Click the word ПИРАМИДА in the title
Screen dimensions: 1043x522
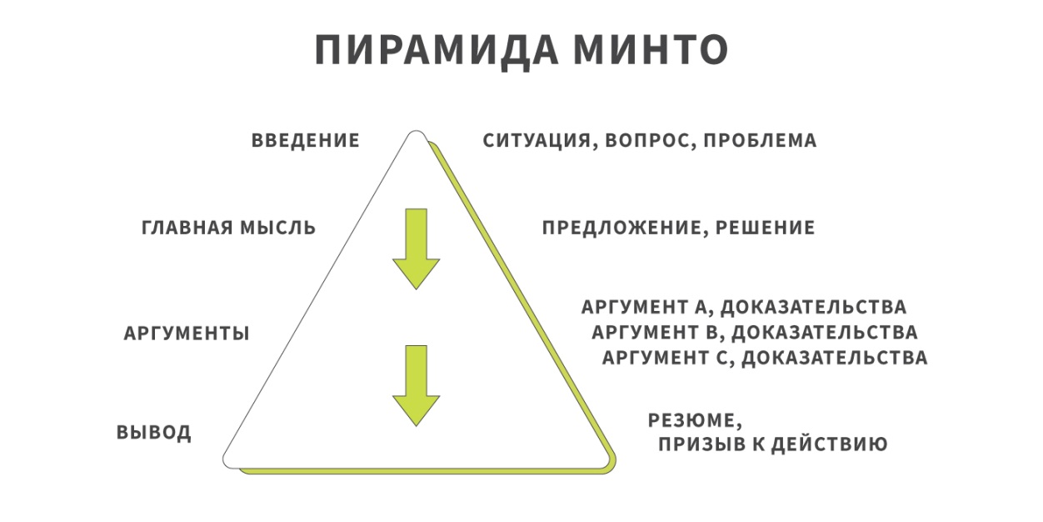click(437, 50)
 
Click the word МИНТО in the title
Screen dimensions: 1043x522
click(651, 49)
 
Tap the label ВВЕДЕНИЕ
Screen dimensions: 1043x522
click(306, 140)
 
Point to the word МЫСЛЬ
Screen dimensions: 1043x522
click(278, 228)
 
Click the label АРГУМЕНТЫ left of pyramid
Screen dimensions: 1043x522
click(187, 334)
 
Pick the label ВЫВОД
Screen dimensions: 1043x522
click(153, 432)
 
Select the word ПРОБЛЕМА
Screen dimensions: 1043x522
click(761, 140)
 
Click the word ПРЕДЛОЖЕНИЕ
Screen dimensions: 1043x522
click(624, 228)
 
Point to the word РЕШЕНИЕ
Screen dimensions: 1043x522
click(765, 228)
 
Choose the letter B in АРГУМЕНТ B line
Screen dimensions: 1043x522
click(711, 333)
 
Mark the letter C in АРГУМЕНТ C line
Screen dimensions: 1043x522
click(721, 359)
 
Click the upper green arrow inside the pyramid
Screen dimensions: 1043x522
click(416, 248)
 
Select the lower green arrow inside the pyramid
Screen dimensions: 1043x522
click(416, 386)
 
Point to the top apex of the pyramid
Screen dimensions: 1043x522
click(416, 131)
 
